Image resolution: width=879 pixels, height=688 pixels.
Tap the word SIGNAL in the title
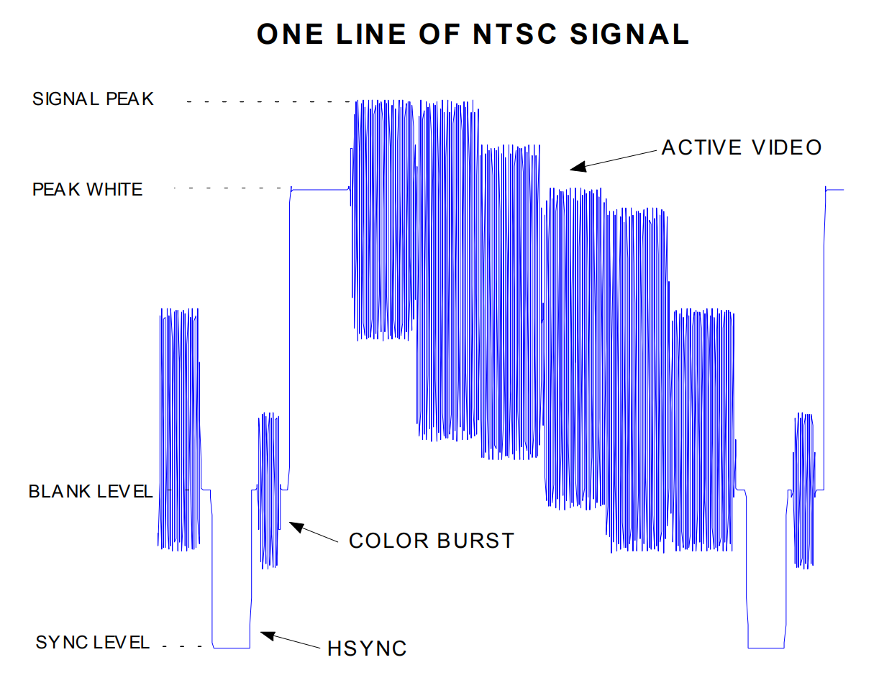[x=629, y=34]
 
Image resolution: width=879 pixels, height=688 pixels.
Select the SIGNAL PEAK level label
[x=93, y=99]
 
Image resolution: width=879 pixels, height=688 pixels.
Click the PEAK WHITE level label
[x=87, y=189]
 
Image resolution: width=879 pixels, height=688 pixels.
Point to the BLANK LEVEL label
[x=91, y=491]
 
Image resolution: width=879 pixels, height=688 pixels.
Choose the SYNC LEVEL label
[x=93, y=642]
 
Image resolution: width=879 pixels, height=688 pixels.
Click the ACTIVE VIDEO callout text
[x=741, y=147]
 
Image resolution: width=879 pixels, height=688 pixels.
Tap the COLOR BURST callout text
[x=431, y=541]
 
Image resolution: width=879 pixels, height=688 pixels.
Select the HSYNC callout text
[x=367, y=648]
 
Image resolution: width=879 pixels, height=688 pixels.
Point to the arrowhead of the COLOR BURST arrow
[x=296, y=527]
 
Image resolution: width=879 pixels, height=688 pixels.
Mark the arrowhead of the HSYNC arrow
[x=268, y=635]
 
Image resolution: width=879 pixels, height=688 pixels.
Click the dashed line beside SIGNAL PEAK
[x=270, y=101]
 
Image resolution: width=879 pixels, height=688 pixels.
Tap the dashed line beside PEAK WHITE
[x=231, y=188]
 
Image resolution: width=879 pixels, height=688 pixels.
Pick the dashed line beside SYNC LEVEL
[x=182, y=646]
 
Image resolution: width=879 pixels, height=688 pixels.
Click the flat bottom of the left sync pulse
[x=232, y=648]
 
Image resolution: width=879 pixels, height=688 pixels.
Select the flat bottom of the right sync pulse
[x=766, y=648]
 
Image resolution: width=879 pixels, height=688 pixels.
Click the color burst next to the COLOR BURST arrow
[x=269, y=490]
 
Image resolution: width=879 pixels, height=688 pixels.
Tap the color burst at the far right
[x=803, y=490]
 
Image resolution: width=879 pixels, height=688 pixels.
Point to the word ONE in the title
[x=290, y=34]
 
